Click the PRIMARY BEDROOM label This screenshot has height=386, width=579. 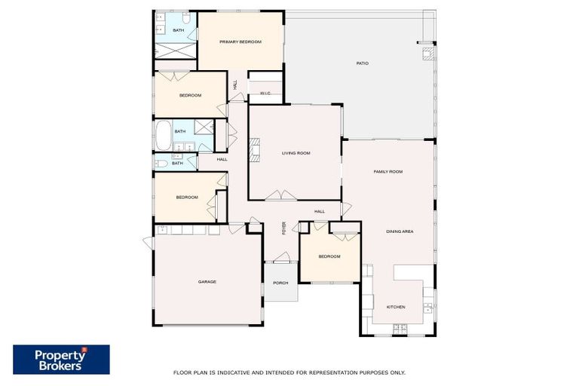click(240, 41)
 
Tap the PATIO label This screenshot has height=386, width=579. click(362, 63)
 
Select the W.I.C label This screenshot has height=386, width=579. click(265, 93)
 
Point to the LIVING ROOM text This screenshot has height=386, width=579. click(296, 153)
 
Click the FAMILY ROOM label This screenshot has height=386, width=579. click(388, 172)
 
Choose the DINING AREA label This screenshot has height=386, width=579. click(400, 231)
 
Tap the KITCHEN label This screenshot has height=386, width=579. click(396, 307)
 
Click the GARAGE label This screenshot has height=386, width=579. click(207, 281)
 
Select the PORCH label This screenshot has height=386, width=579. click(280, 283)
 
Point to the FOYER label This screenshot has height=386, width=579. click(284, 228)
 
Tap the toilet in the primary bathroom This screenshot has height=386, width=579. click(161, 17)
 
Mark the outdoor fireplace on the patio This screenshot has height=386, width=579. click(427, 54)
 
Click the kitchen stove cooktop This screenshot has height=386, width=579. click(399, 327)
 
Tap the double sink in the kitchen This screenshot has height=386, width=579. click(428, 307)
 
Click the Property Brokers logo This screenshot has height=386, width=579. click(61, 360)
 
